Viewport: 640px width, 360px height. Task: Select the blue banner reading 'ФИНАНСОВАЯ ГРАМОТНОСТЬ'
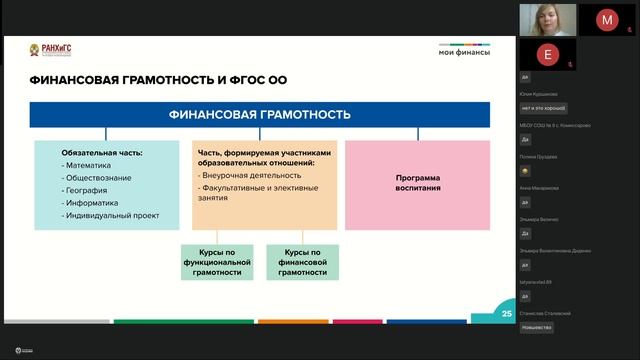coord(260,115)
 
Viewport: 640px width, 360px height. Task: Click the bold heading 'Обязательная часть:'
coord(101,152)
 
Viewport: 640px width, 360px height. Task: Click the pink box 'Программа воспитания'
coord(418,183)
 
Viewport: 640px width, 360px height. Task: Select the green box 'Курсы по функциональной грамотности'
coord(217,262)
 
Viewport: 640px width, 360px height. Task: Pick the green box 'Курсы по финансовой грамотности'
coord(302,262)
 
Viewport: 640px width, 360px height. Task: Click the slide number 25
coord(506,314)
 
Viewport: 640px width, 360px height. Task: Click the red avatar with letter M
coord(607,19)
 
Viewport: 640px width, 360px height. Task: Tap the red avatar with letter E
coord(546,54)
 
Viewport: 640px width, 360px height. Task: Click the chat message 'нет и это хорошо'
coord(544,107)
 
